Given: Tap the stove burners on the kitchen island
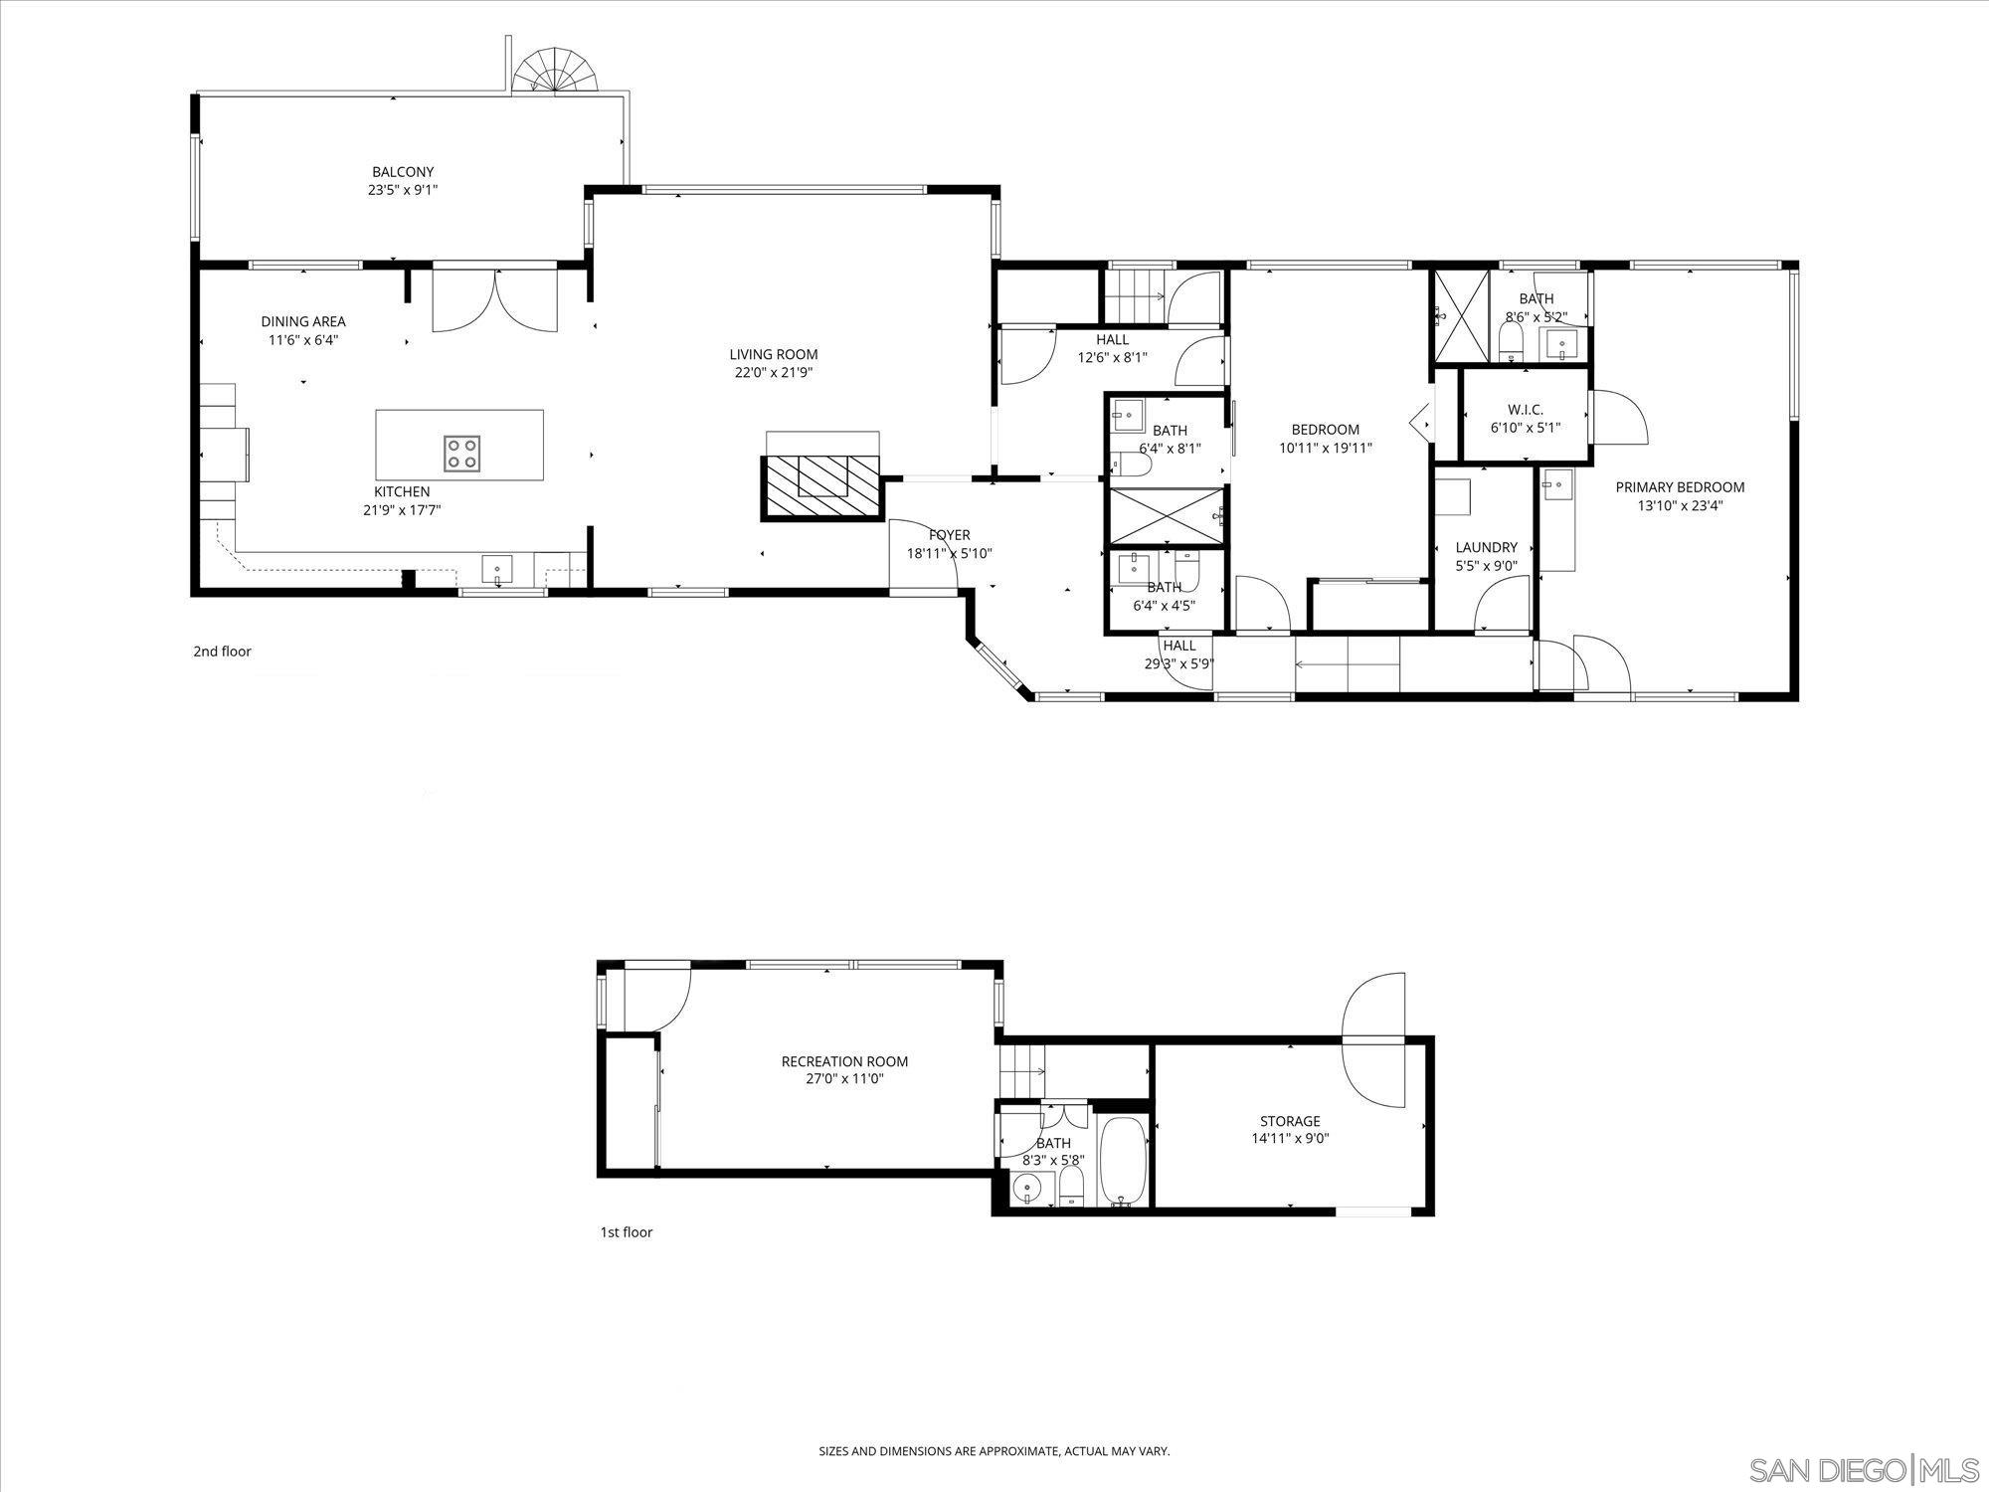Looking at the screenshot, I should point(461,454).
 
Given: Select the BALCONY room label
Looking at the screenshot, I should point(403,172).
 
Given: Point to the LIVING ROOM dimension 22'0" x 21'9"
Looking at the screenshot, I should point(773,373).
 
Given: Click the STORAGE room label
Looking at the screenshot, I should point(1290,1121).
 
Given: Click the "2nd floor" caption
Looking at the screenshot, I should point(222,652).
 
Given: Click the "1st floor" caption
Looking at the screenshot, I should point(626,1232).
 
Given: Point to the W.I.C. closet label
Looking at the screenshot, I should point(1525,410).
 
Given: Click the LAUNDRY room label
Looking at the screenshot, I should point(1486,547).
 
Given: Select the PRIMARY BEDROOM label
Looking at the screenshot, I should point(1680,487).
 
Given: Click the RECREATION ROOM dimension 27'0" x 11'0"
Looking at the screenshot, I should point(844,1078).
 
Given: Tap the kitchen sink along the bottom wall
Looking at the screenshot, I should point(496,570).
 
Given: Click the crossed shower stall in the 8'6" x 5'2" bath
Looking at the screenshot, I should point(1459,316).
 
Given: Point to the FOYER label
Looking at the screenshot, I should point(949,535).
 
